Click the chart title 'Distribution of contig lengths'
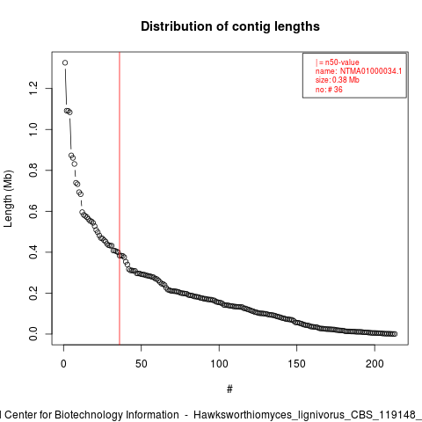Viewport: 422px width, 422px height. [x=230, y=26]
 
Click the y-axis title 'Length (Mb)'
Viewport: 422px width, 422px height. [x=8, y=199]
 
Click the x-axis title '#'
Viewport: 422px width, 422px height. [x=229, y=389]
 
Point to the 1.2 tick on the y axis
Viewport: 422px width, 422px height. [x=33, y=88]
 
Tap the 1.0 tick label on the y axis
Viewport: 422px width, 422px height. [x=33, y=129]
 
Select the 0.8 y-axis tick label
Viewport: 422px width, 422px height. [x=33, y=171]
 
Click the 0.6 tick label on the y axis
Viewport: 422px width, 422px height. [x=33, y=211]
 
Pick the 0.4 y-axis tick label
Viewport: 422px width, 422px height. [x=33, y=252]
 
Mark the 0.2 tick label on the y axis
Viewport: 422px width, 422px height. [x=33, y=293]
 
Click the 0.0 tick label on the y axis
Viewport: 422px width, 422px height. [x=33, y=334]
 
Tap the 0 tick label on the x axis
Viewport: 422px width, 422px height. [x=63, y=364]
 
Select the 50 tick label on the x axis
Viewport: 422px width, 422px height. [x=142, y=364]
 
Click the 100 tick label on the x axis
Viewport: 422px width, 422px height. [x=219, y=364]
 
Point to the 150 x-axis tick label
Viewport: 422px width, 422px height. [x=296, y=364]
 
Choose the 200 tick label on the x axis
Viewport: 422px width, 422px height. [x=375, y=364]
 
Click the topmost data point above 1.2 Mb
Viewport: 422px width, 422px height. [x=65, y=62]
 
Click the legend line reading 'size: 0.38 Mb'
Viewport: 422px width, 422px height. [x=338, y=80]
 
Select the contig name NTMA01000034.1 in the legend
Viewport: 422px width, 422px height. [x=371, y=71]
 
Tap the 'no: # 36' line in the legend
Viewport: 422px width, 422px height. [x=329, y=90]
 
